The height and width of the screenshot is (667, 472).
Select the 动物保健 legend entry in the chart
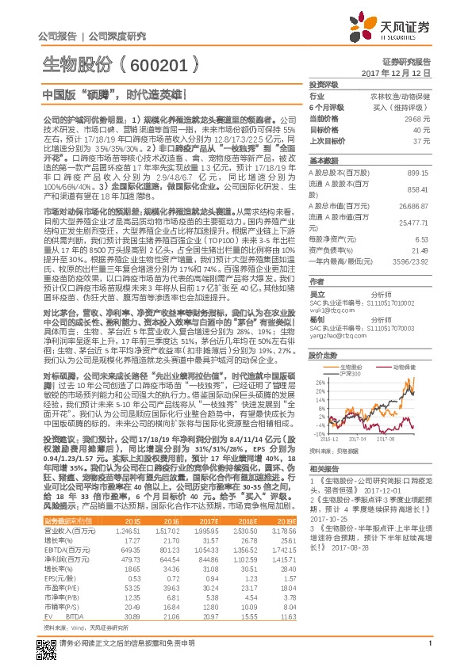point(405,367)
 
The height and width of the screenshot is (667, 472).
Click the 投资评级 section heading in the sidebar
point(323,84)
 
